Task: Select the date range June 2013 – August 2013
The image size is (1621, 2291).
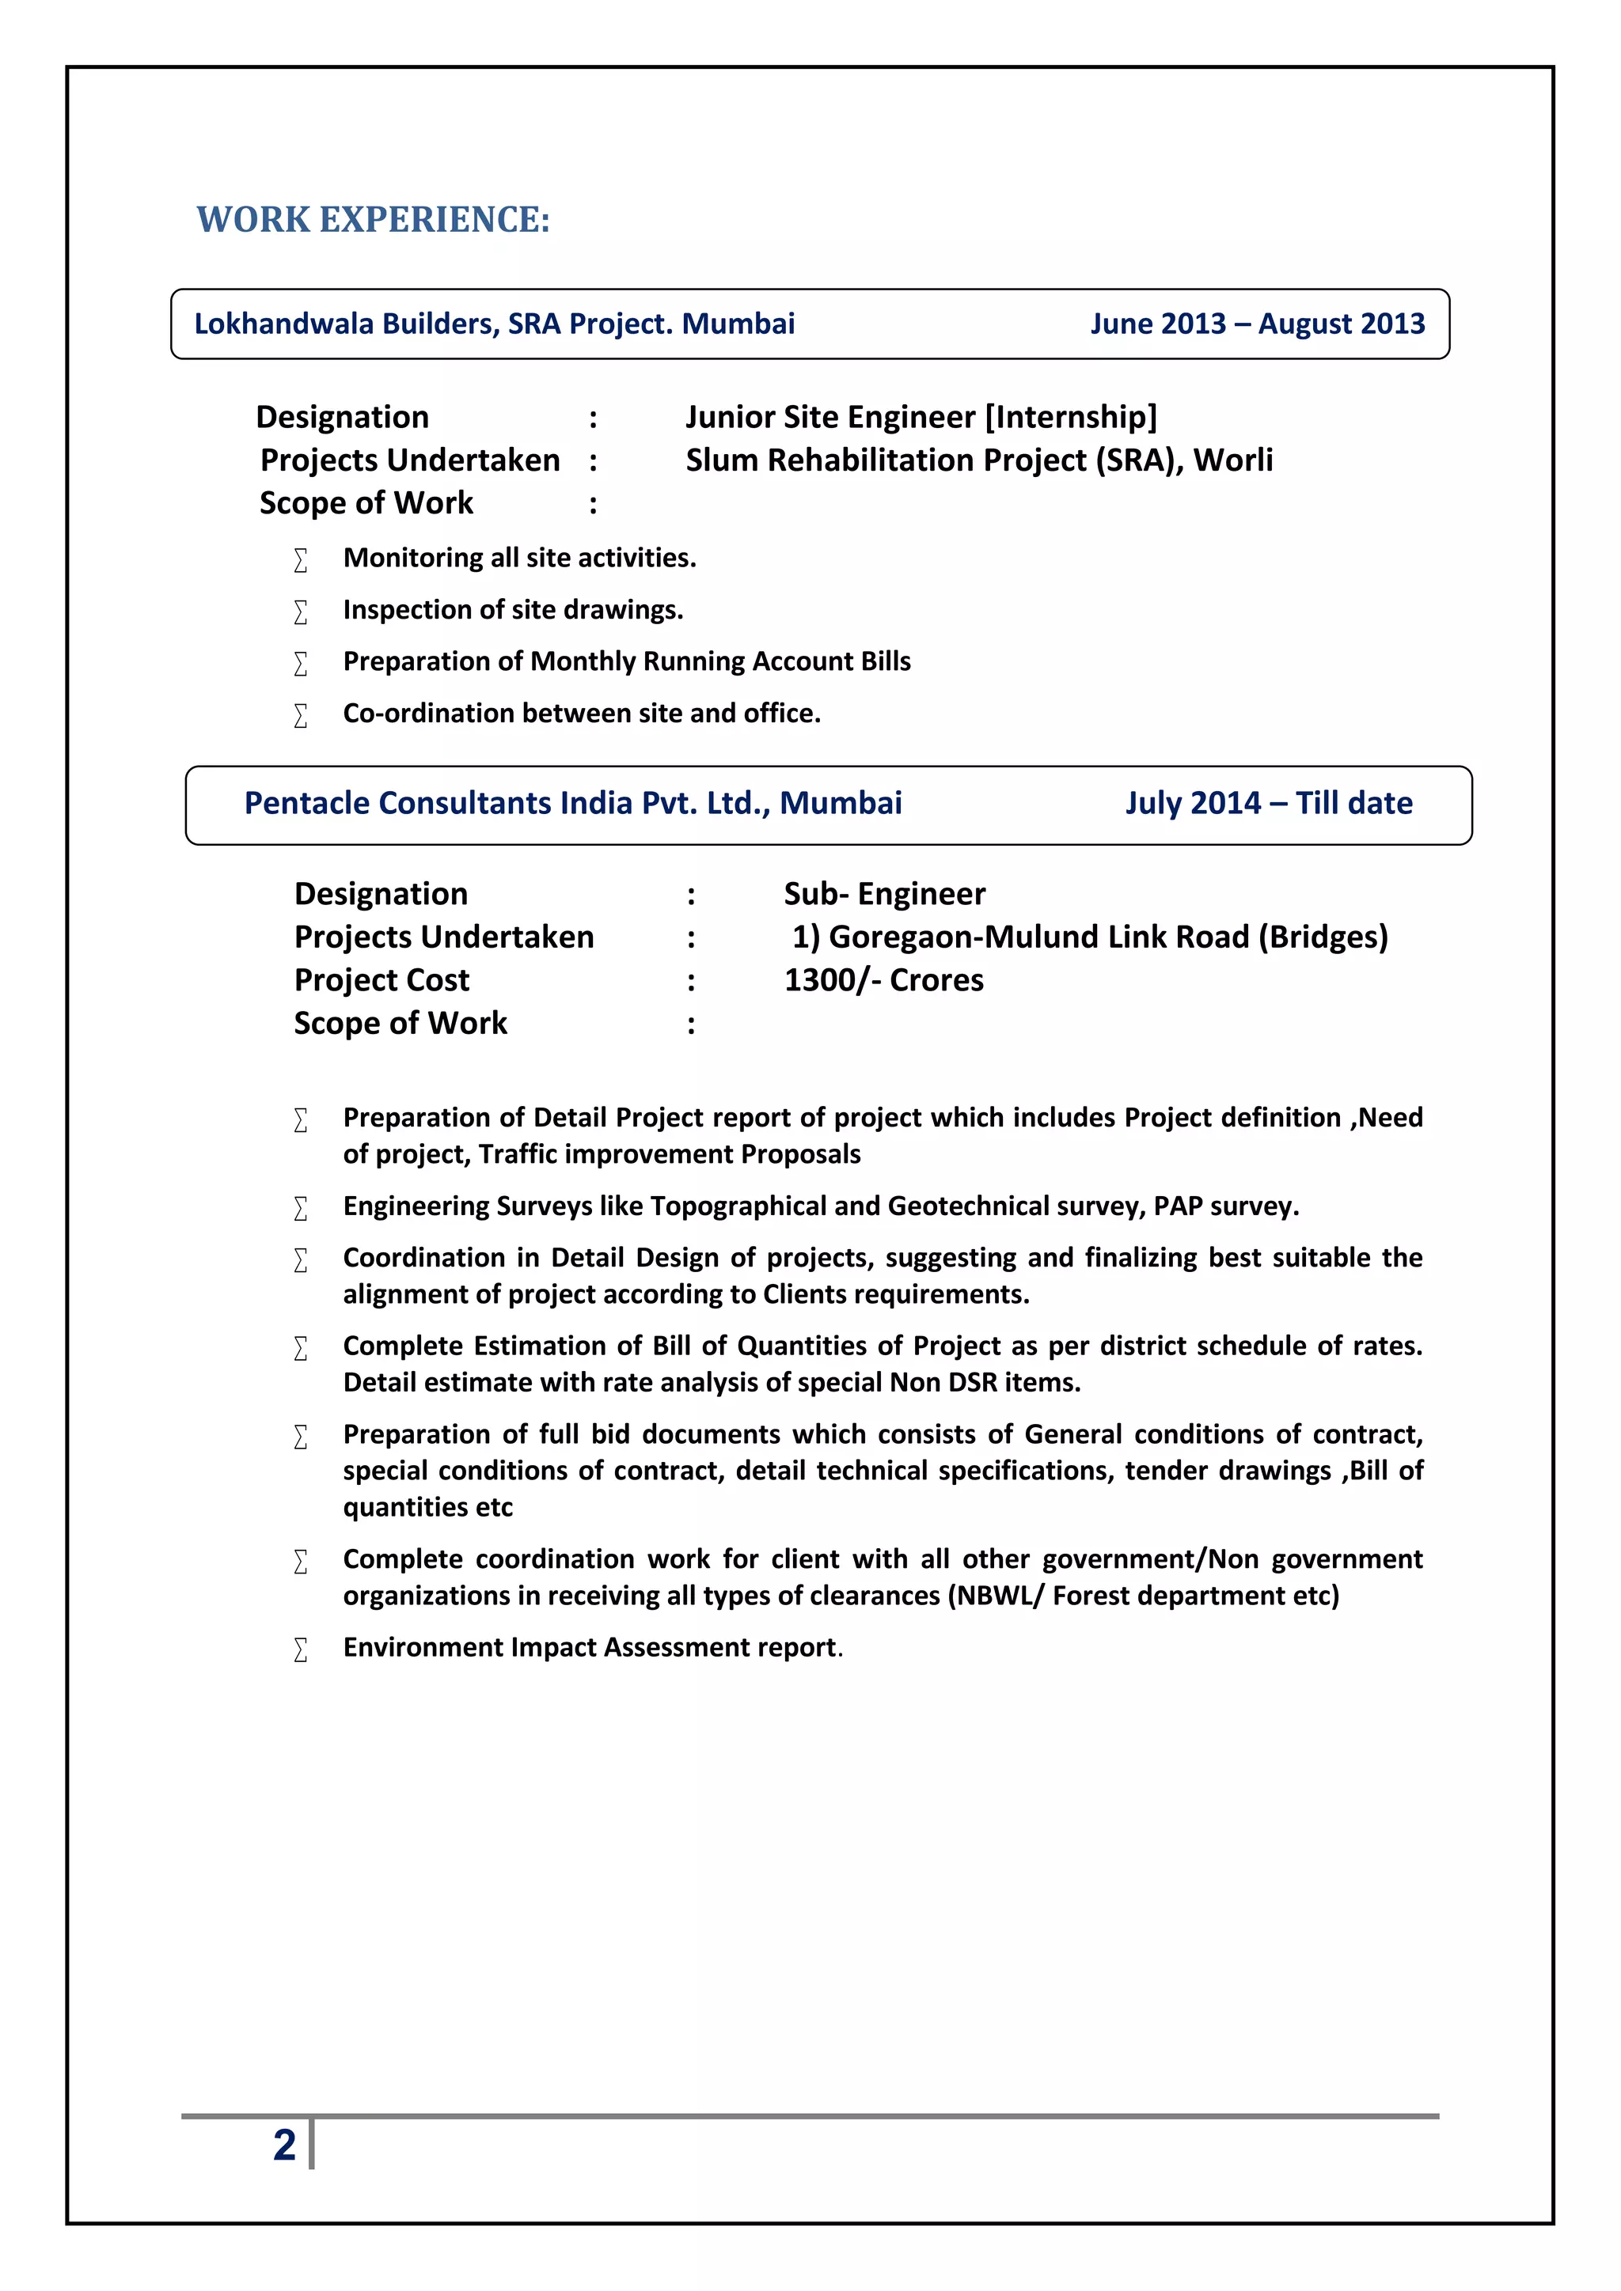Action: coord(1257,324)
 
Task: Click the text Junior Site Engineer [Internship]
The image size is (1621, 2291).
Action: coord(921,417)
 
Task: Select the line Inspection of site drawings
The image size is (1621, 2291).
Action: coord(512,610)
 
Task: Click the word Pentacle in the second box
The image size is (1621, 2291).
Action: coord(307,803)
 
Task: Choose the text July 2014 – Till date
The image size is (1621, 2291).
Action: coord(1268,803)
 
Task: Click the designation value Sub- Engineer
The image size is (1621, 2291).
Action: coord(884,894)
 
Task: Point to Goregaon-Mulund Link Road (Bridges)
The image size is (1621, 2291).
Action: coord(1108,937)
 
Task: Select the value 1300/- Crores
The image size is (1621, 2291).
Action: coord(883,980)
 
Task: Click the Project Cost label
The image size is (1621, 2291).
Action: coord(382,980)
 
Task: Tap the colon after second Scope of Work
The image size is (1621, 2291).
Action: coord(691,1024)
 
